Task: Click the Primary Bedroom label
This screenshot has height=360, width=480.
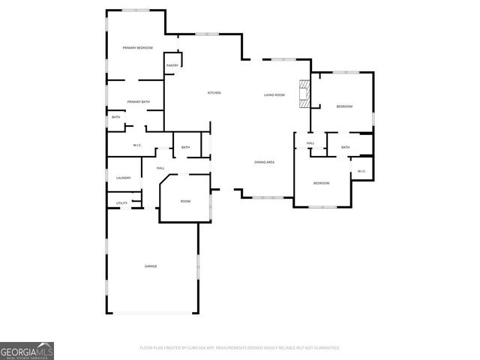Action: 138,48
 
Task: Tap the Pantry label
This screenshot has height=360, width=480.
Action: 172,66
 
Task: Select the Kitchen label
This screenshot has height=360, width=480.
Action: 214,93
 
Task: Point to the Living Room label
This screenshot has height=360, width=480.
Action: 274,95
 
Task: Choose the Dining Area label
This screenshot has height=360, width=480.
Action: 264,162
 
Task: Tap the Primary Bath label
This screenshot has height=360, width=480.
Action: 138,102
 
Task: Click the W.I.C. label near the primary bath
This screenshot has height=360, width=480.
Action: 138,145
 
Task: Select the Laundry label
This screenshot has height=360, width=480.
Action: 124,178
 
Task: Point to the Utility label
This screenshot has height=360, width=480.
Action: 121,203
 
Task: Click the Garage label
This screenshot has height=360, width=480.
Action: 151,266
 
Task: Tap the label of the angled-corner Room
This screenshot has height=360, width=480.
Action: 185,202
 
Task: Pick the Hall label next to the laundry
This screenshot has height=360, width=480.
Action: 160,168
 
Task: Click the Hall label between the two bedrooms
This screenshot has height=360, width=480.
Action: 310,143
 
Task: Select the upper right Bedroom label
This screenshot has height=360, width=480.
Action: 344,106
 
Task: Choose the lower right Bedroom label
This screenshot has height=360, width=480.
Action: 321,183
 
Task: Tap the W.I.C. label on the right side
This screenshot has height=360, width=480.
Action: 361,171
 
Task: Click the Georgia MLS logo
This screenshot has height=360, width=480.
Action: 27,351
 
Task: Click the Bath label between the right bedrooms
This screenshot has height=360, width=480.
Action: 345,147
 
